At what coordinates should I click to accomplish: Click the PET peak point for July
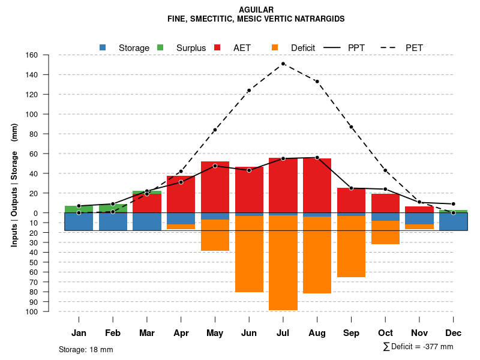click(x=283, y=64)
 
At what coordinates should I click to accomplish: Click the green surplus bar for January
click(x=79, y=209)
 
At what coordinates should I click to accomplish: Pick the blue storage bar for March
click(x=147, y=221)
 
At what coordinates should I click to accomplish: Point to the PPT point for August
click(x=317, y=157)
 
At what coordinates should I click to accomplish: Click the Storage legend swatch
click(x=103, y=47)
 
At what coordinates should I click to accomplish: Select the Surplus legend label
click(x=191, y=48)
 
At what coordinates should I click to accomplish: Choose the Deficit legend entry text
click(x=303, y=48)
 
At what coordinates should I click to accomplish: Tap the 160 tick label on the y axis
click(x=32, y=55)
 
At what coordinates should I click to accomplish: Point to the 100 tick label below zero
click(x=32, y=312)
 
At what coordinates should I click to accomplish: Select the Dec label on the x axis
click(x=454, y=333)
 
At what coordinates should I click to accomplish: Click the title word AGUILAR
click(x=256, y=10)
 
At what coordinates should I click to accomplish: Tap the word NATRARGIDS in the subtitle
click(x=319, y=19)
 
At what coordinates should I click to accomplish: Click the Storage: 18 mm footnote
click(x=86, y=349)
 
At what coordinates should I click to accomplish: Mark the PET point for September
click(x=351, y=127)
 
